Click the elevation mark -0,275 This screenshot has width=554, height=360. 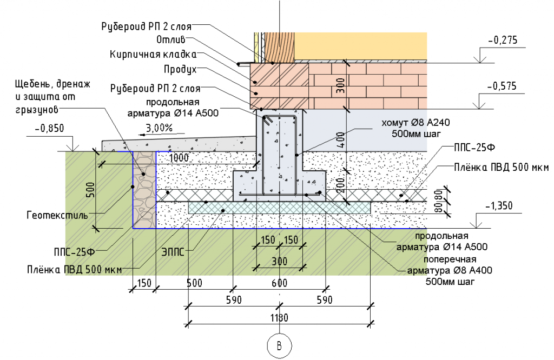tap(503, 40)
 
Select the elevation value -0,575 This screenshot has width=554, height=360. tap(503, 86)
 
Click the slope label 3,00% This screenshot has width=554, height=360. tap(159, 128)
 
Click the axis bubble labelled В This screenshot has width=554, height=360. tap(279, 345)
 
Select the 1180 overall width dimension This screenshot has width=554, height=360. tap(279, 317)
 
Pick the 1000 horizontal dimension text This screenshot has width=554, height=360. tap(180, 158)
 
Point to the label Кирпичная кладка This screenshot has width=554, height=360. tap(153, 55)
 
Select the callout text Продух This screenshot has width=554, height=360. tap(180, 70)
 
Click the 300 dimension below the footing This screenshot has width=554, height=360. tap(279, 262)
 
